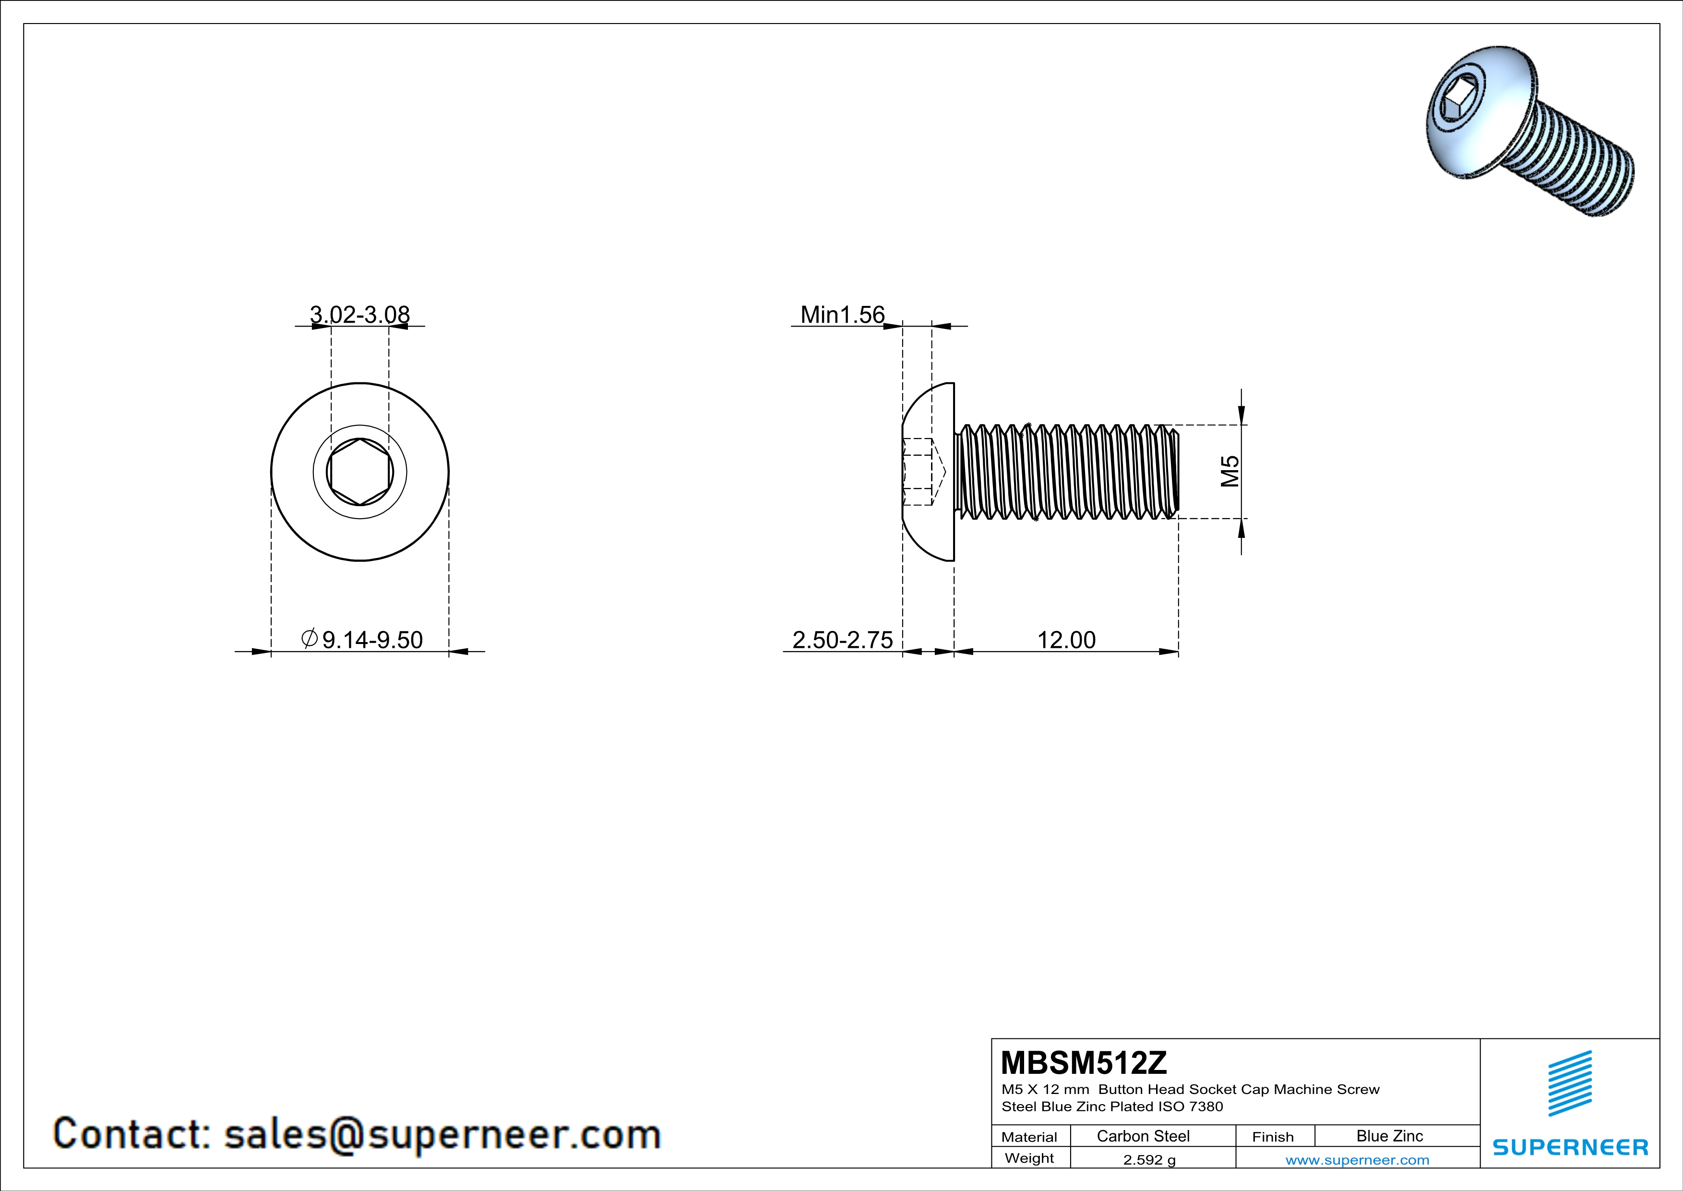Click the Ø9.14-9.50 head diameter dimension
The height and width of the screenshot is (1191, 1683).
point(362,640)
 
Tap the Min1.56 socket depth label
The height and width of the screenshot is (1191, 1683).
point(842,315)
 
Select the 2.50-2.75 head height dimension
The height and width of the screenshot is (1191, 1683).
point(842,640)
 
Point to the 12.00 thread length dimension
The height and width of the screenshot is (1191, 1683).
point(1066,640)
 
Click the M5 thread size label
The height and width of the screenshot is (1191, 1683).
point(1230,472)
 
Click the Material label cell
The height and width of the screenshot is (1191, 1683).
point(1029,1137)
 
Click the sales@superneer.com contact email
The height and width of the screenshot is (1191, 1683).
point(442,1134)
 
